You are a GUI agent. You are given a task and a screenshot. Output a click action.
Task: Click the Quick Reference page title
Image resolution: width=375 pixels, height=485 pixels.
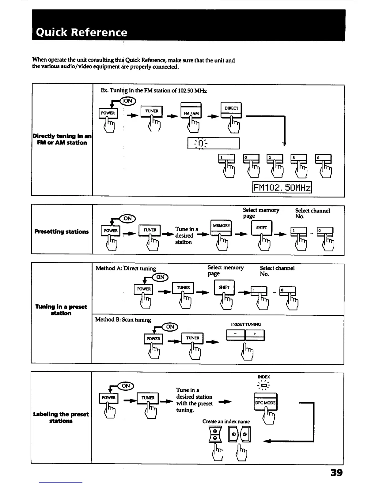tap(81, 32)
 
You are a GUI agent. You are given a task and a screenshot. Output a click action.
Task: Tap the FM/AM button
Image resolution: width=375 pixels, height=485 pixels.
tap(191, 113)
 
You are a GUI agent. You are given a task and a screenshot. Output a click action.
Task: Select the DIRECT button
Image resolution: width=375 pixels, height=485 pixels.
tap(231, 108)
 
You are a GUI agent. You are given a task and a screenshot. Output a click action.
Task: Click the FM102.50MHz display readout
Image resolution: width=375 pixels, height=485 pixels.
tap(282, 188)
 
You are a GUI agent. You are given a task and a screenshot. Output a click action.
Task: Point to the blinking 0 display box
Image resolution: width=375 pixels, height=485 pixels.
tap(213, 143)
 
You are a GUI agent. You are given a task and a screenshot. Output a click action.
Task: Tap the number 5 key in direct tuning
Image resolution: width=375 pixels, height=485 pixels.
tap(298, 158)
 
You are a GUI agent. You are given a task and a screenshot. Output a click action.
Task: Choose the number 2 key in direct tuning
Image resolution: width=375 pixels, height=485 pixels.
tap(275, 158)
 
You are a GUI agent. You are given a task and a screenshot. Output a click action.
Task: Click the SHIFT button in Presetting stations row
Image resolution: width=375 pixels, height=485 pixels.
tap(261, 228)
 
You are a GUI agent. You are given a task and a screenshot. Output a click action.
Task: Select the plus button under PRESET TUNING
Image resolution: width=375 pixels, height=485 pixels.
tap(255, 334)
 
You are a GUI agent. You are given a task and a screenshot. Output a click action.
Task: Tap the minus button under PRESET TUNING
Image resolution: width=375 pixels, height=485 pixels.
tap(235, 334)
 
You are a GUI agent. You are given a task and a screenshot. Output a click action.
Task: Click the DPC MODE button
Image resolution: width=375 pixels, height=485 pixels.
tap(265, 403)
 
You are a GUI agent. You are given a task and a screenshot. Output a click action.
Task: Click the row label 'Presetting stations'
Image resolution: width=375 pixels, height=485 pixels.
tap(62, 231)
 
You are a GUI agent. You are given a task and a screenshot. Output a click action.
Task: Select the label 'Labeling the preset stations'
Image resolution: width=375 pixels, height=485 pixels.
tap(61, 417)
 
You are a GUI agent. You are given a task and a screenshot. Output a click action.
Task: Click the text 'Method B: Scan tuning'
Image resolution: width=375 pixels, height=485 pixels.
tap(123, 320)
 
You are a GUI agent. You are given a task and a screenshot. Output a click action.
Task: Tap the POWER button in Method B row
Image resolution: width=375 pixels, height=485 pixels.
tap(153, 339)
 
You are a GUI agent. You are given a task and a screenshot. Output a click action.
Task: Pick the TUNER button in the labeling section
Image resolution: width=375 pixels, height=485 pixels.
tap(148, 398)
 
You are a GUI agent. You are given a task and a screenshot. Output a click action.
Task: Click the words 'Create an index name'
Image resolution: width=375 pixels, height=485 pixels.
tap(226, 422)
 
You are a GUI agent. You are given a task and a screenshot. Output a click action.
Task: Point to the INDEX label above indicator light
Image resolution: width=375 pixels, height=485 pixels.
tap(264, 377)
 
